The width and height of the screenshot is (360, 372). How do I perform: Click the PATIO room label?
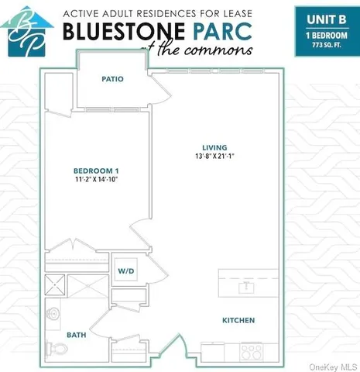(x=112, y=79)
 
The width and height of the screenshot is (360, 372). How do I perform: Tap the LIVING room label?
(x=214, y=147)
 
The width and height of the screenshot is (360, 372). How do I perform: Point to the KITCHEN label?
(x=238, y=320)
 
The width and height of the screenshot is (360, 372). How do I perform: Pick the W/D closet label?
(x=125, y=270)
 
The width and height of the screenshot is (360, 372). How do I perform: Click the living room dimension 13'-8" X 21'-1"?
(x=215, y=157)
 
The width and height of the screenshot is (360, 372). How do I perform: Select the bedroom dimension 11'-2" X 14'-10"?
(x=96, y=179)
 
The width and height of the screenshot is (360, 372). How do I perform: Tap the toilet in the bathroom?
(x=53, y=347)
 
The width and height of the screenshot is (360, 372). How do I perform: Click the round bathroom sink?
(x=53, y=315)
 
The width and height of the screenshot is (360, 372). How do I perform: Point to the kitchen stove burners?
(x=251, y=351)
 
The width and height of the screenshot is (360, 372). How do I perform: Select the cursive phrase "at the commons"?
(x=218, y=49)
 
